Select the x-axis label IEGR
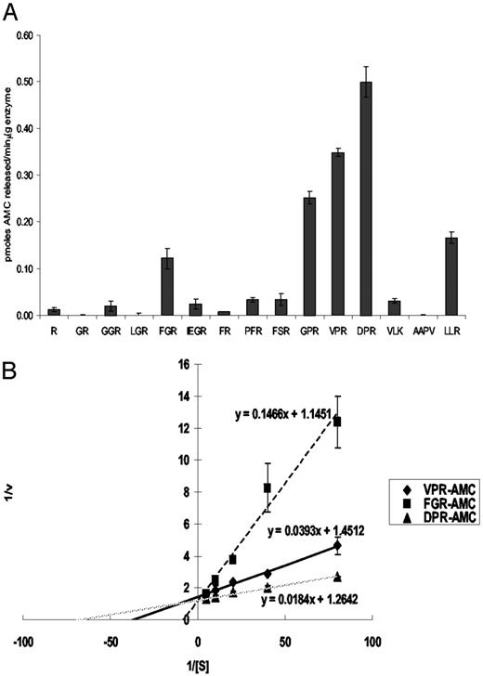coord(195,329)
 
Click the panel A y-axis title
coord(9,176)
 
